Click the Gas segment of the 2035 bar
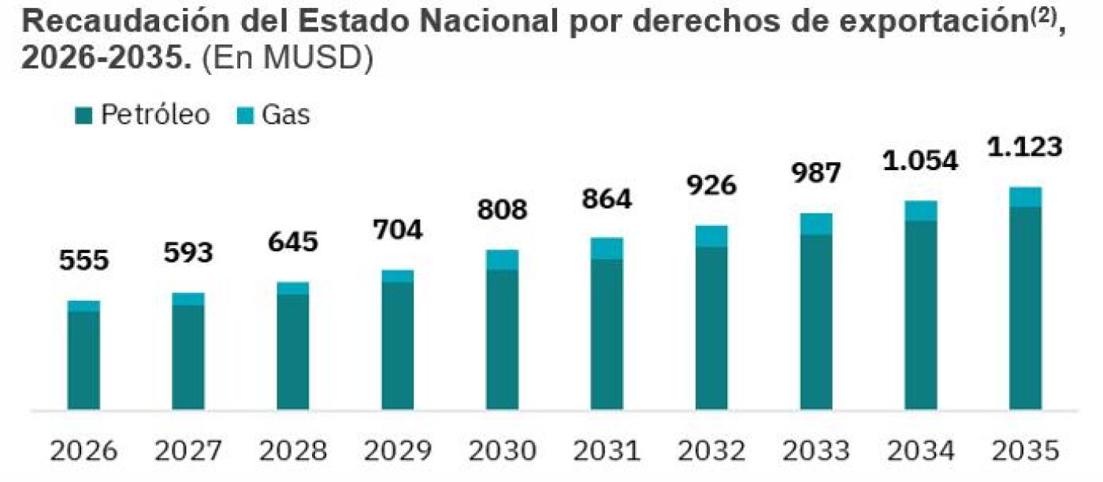[1025, 197]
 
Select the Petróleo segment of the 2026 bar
[84, 361]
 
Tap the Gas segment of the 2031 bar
[607, 248]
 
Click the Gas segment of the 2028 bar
[293, 288]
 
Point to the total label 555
[84, 261]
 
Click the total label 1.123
[1025, 147]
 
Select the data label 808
[502, 210]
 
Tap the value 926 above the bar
[711, 186]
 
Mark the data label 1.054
[920, 161]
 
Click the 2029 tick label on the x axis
[397, 451]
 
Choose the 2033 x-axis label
[815, 451]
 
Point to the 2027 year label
[188, 451]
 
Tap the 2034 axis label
[920, 451]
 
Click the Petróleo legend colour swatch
[84, 117]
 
